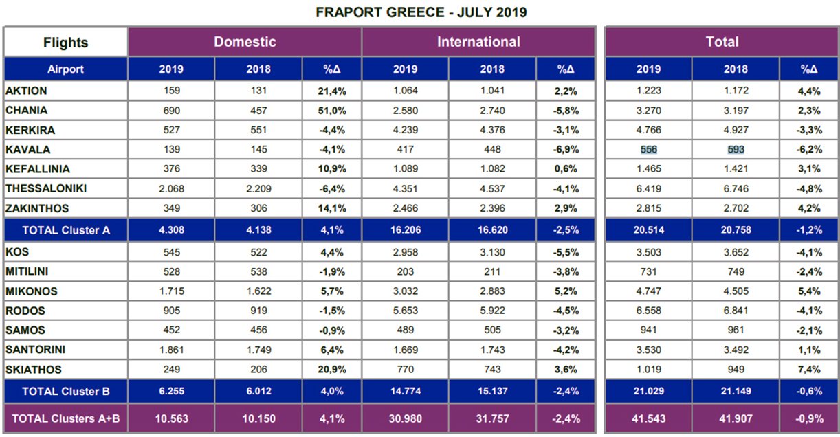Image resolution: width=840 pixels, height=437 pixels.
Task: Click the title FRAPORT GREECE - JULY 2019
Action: tap(421, 12)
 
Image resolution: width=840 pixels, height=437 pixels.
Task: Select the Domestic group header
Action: tap(245, 42)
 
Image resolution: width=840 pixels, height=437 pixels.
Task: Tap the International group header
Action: tap(478, 42)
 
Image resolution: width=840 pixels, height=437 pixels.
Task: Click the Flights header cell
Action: tap(65, 43)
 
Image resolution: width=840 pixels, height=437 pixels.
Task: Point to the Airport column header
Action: tap(65, 69)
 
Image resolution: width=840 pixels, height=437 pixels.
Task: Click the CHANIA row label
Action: tap(27, 110)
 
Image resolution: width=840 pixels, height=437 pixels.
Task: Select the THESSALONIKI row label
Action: tap(46, 188)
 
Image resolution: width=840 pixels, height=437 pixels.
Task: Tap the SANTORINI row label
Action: tap(35, 349)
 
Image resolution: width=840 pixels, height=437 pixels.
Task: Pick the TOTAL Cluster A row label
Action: tap(66, 230)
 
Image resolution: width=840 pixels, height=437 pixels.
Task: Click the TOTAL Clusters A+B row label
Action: tap(66, 418)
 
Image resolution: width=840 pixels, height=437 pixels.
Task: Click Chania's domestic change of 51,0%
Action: tap(332, 111)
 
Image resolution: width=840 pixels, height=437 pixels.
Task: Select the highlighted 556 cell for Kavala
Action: tap(649, 150)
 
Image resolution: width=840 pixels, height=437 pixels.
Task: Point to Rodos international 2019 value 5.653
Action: tap(406, 311)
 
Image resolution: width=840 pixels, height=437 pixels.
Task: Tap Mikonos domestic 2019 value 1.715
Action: tap(171, 291)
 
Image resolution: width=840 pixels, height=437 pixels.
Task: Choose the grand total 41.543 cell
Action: tap(649, 418)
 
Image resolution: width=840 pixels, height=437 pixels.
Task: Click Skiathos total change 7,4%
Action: tap(809, 369)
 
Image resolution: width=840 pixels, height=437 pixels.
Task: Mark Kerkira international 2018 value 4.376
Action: tap(492, 130)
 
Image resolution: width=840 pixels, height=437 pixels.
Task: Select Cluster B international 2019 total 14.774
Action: tap(406, 391)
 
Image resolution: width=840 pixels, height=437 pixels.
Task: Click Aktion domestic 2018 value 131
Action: tap(258, 91)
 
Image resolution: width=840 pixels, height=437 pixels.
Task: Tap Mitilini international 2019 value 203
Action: tap(406, 271)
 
